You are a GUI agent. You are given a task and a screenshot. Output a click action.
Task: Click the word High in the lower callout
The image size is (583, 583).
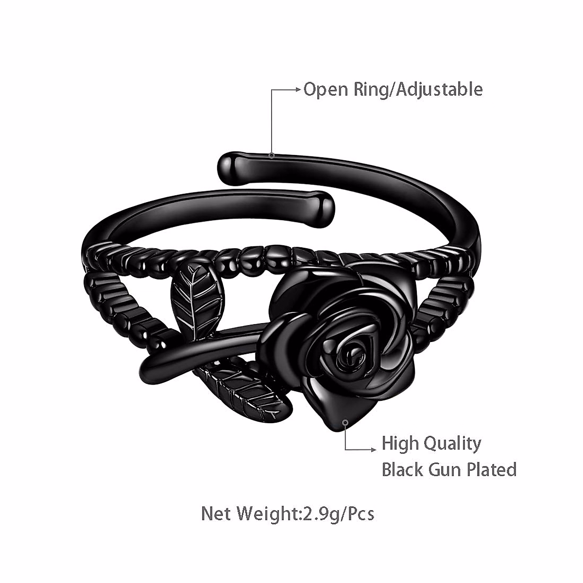pyautogui.click(x=399, y=444)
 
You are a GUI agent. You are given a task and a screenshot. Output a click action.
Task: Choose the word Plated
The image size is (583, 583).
pyautogui.click(x=492, y=470)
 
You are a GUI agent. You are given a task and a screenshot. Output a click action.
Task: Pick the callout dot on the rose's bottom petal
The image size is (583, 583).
pyautogui.click(x=345, y=423)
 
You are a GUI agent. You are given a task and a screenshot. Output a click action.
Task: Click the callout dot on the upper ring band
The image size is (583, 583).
pyautogui.click(x=272, y=155)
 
